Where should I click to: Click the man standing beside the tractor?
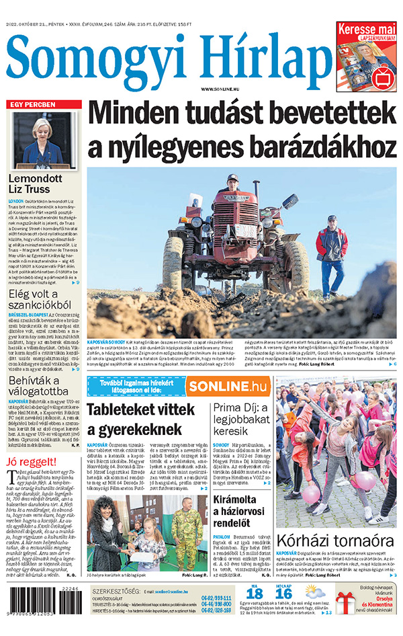coord(330,249)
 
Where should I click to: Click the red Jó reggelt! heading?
coord(32,463)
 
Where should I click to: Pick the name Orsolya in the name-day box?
coord(375,600)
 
